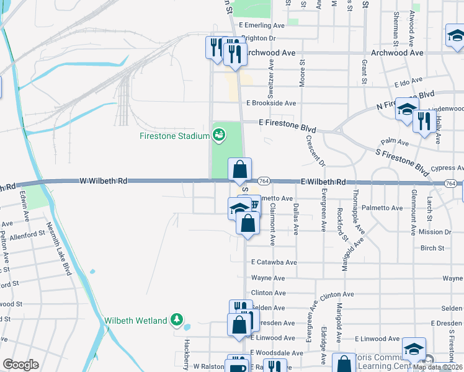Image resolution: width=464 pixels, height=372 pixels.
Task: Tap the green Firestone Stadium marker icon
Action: [x=218, y=134]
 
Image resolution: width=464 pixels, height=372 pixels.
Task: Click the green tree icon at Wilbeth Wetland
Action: [x=178, y=320]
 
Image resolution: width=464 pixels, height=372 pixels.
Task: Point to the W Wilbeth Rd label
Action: [x=104, y=181]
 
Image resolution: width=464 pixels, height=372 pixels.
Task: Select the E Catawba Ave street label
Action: [x=274, y=262]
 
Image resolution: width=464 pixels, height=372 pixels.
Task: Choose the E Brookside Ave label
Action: [x=271, y=103]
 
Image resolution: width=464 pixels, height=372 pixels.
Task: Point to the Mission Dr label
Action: [x=435, y=232]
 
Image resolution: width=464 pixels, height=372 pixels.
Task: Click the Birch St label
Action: [x=432, y=248]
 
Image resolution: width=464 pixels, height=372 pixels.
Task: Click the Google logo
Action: [x=20, y=365]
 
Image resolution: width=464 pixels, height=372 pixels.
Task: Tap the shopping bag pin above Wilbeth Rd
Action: [x=240, y=169]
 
